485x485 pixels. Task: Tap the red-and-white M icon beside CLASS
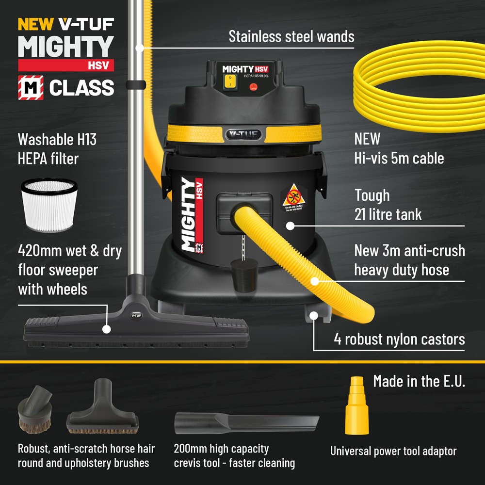click(x=30, y=88)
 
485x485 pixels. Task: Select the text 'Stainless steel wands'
click(x=291, y=36)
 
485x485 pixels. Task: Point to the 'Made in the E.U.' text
click(x=419, y=381)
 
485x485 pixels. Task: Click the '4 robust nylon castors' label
click(x=399, y=339)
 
